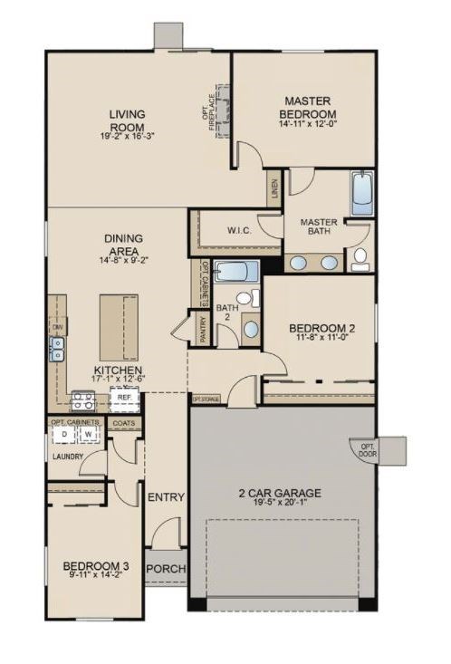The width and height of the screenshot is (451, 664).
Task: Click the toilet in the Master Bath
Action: click(x=360, y=259)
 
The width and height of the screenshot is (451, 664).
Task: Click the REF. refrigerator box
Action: click(x=122, y=397)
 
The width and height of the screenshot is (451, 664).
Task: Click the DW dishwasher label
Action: click(x=56, y=326)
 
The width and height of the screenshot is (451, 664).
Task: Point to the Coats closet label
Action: click(x=123, y=422)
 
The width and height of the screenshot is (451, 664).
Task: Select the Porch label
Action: click(x=166, y=569)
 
